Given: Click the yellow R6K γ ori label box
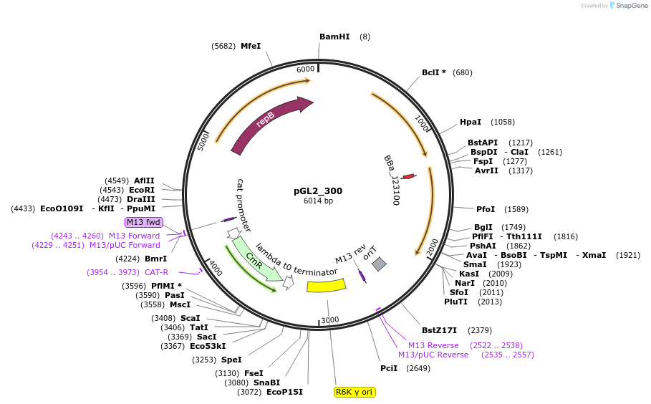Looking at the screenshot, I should pyautogui.click(x=355, y=392).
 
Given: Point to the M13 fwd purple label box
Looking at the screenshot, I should pyautogui.click(x=144, y=222).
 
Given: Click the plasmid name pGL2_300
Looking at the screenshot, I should pyautogui.click(x=318, y=191).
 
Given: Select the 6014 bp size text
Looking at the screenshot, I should pyautogui.click(x=318, y=201).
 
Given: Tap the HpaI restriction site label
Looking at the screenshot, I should pyautogui.click(x=471, y=122).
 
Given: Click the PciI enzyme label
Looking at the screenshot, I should pyautogui.click(x=390, y=368).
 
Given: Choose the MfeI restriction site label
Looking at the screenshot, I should pyautogui.click(x=251, y=46).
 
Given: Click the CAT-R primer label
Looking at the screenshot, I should pyautogui.click(x=156, y=272).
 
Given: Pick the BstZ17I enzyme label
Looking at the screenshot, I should pyautogui.click(x=439, y=330).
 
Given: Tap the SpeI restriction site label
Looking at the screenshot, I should pyautogui.click(x=231, y=360).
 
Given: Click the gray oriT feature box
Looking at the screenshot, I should pyautogui.click(x=379, y=264).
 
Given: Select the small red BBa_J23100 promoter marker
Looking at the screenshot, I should pyautogui.click(x=408, y=176).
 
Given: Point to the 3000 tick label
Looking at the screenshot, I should pyautogui.click(x=329, y=319).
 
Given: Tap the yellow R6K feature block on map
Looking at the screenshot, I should pyautogui.click(x=326, y=285).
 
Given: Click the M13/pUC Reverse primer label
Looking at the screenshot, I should pyautogui.click(x=433, y=355).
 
